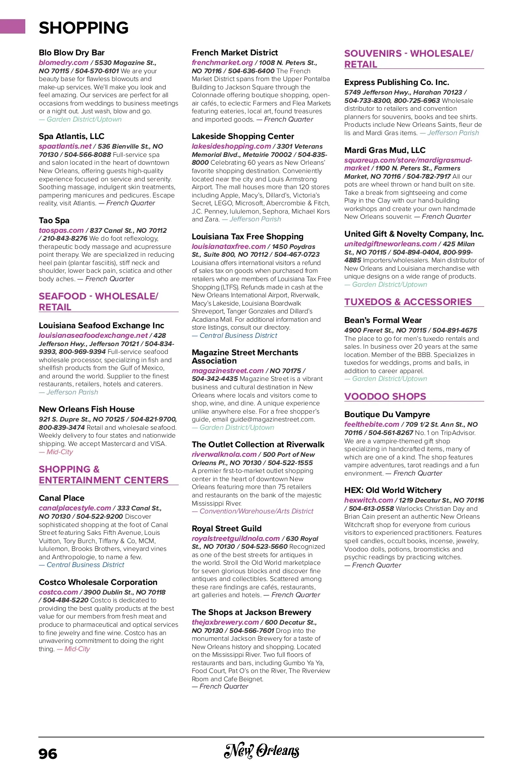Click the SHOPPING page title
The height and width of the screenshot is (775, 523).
[84, 28]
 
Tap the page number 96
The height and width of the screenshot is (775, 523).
[48, 754]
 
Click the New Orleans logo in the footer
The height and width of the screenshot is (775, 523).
[261, 751]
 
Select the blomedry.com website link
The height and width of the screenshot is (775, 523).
[64, 63]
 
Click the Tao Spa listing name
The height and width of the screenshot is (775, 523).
[54, 221]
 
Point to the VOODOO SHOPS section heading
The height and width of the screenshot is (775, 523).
[385, 397]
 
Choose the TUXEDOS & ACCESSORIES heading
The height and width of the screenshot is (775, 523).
[408, 302]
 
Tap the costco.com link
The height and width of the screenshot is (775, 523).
[58, 592]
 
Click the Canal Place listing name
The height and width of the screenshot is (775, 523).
[61, 498]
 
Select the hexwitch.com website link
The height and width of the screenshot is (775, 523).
[369, 500]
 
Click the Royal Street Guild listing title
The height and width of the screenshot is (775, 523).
[227, 529]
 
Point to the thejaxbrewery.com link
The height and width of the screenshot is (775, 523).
[225, 622]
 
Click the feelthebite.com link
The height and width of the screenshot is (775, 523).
[372, 425]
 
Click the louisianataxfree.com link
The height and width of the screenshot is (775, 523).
[229, 247]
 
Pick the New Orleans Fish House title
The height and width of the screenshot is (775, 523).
[87, 409]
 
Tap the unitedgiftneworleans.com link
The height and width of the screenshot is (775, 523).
[391, 244]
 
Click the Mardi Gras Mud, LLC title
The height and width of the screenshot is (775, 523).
[385, 150]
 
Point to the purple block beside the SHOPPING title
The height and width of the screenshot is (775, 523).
[13, 26]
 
